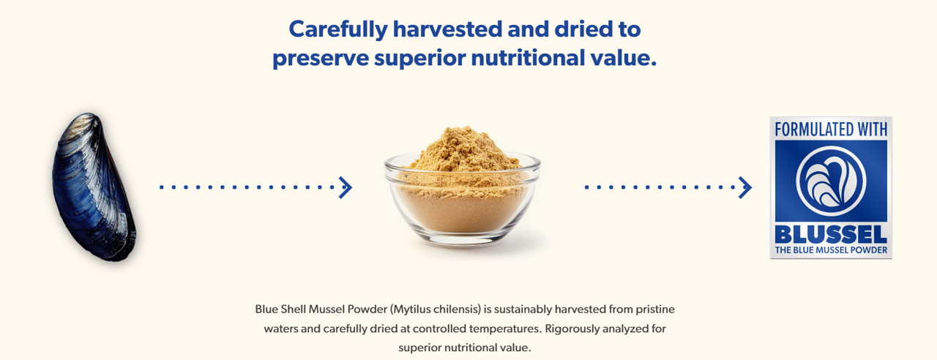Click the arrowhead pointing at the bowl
(346, 187)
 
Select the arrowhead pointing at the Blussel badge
(745, 187)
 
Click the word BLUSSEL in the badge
(831, 235)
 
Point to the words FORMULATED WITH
(831, 130)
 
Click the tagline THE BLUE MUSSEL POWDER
(831, 250)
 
